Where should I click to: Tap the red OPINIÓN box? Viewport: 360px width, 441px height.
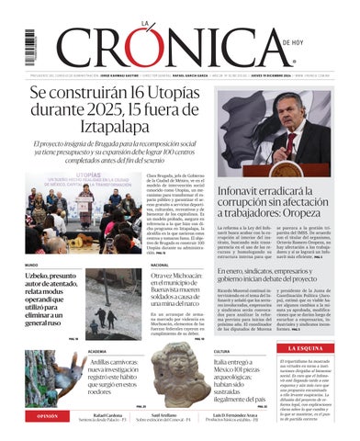(x=46, y=416)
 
